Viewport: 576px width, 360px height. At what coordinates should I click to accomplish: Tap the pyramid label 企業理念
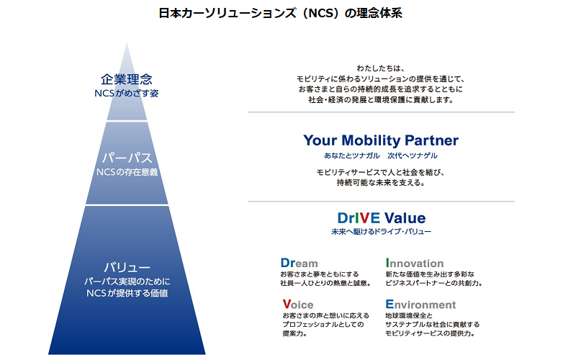tap(127, 79)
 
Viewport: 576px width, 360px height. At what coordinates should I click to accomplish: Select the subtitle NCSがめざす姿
tap(127, 94)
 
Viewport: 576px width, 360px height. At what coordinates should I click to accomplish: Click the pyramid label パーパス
tap(127, 156)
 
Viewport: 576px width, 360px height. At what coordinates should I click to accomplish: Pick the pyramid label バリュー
tap(127, 266)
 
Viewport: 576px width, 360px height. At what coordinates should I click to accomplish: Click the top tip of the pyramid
tap(127, 45)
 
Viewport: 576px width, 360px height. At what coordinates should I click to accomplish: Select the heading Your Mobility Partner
tap(381, 140)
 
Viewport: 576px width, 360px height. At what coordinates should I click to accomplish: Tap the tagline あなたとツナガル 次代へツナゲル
tap(381, 156)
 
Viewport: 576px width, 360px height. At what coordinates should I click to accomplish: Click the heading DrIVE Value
tap(381, 218)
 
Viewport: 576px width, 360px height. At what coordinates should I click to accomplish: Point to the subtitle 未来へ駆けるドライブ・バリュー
tap(381, 233)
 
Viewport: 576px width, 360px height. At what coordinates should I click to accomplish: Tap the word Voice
tap(298, 305)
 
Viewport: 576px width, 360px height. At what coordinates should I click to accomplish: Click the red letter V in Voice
tap(287, 305)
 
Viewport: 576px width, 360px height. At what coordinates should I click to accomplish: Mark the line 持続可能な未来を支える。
tap(381, 183)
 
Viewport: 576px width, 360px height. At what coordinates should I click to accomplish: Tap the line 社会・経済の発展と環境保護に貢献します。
tap(381, 100)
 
